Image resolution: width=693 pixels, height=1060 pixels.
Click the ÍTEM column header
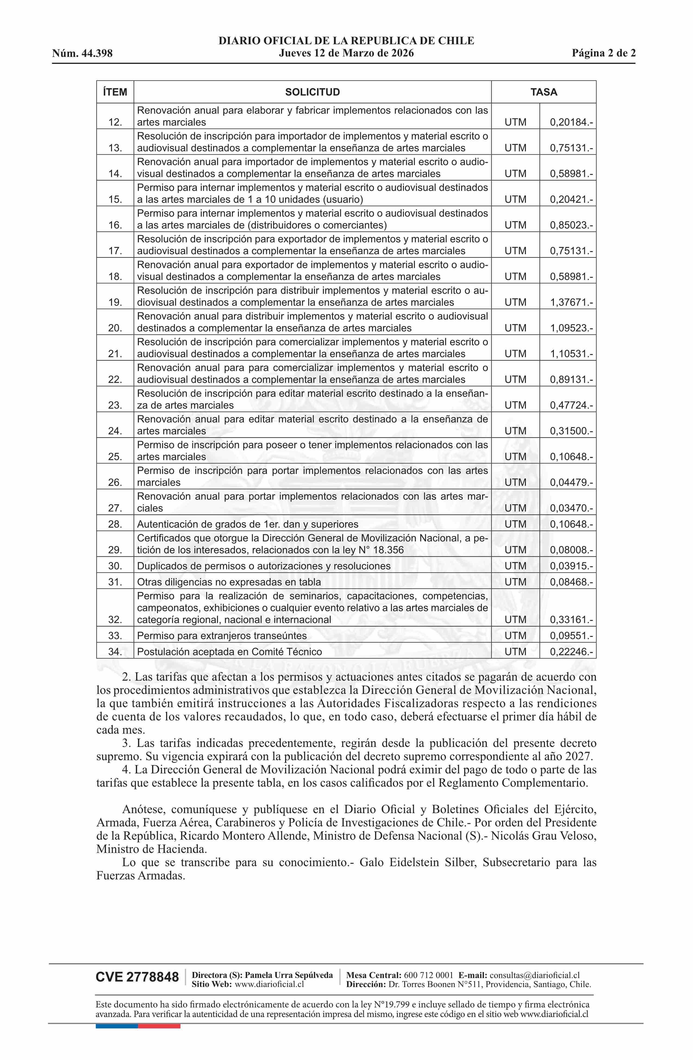[115, 92]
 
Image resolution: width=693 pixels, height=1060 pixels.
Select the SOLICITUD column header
[312, 92]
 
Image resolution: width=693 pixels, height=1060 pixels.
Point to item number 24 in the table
[115, 431]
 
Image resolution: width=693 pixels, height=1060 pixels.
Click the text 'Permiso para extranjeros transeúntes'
[222, 635]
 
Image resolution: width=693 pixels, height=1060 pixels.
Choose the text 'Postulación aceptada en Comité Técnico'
[229, 651]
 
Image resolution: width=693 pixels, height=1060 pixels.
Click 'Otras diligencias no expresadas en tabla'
[229, 582]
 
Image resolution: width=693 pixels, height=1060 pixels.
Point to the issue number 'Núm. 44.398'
[82, 54]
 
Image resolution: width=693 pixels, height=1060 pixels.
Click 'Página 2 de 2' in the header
[604, 54]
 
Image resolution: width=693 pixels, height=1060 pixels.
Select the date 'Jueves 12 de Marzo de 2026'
[346, 54]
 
